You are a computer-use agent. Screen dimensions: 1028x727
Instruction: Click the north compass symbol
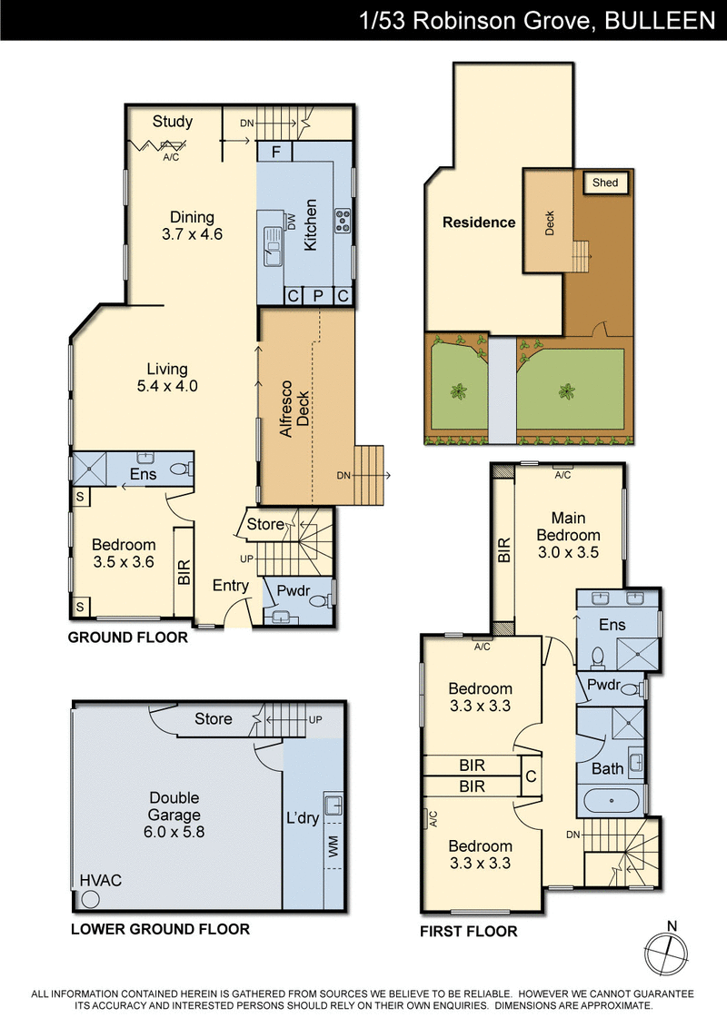[671, 954]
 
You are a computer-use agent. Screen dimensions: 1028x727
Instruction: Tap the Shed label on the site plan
[604, 183]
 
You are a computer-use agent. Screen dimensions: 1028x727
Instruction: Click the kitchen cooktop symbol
[344, 218]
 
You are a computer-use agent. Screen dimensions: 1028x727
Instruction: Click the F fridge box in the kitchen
[274, 152]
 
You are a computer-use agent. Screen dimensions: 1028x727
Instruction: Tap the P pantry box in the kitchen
[318, 296]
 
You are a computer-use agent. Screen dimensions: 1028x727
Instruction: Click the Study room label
[172, 122]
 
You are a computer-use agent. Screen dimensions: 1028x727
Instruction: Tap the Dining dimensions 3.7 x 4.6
[192, 233]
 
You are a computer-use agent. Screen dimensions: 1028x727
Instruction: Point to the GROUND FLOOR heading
[128, 638]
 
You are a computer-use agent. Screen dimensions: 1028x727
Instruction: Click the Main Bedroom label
[568, 527]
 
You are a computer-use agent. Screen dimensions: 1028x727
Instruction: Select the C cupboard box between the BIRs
[531, 776]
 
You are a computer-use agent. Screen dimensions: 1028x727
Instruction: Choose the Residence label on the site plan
[479, 222]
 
